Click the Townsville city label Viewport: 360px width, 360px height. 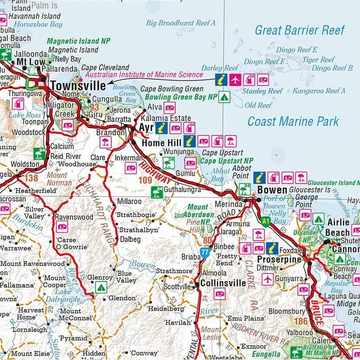click(x=77, y=85)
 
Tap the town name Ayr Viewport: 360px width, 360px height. click(x=146, y=128)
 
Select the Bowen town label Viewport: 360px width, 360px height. click(x=272, y=190)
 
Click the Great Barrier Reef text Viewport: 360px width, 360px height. click(x=300, y=31)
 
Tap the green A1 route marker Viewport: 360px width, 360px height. click(x=266, y=221)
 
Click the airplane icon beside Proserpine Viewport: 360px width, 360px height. click(x=268, y=279)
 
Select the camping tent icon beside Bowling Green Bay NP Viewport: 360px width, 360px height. click(x=224, y=97)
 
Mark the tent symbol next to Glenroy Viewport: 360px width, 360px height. click(x=100, y=287)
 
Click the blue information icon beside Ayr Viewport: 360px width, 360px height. click(x=162, y=128)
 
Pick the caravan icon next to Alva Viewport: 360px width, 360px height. click(x=169, y=108)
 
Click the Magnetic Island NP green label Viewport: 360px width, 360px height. click(x=79, y=40)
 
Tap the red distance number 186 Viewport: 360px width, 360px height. click(x=301, y=321)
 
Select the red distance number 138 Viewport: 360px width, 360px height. click(x=31, y=178)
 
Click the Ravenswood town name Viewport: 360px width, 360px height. click(x=74, y=217)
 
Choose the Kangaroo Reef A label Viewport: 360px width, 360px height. click(x=319, y=91)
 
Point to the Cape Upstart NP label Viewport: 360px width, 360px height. click(x=227, y=161)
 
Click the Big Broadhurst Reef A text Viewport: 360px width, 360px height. click(x=181, y=22)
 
